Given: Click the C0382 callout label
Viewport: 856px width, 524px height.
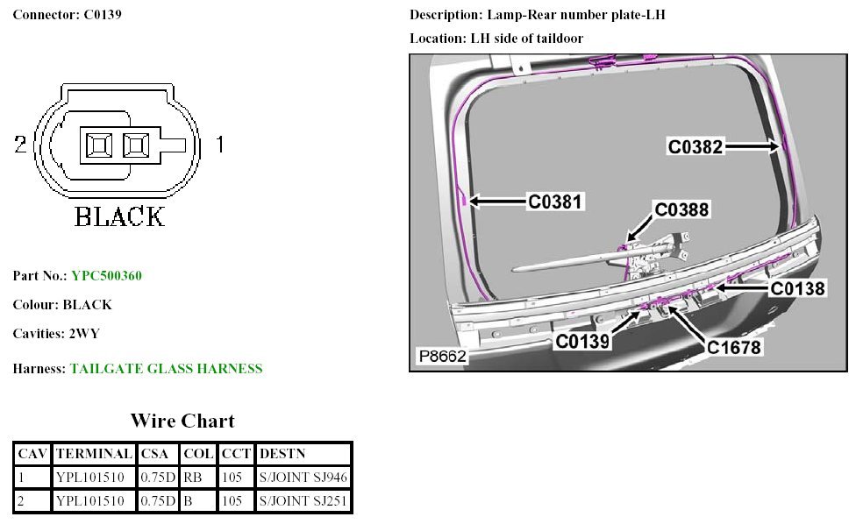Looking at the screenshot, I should pos(695,147).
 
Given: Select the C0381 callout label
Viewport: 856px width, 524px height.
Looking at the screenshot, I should pos(555,202).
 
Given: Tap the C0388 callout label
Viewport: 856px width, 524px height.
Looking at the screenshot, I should pos(681,209).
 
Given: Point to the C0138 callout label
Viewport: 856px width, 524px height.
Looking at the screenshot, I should pos(798,287).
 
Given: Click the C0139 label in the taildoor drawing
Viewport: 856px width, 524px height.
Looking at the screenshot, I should pos(581,341).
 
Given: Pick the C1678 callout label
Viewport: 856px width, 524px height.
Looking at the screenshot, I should pos(734,348).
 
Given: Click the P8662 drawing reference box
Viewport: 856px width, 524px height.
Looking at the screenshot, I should pos(442,358).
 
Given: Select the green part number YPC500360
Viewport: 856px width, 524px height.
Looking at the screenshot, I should pos(106,276).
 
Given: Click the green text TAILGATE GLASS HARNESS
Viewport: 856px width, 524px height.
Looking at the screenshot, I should pos(166,369).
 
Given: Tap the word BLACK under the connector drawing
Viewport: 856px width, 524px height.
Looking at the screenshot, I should pos(119,216).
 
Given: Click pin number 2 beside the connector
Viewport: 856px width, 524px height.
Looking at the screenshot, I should pos(20,145).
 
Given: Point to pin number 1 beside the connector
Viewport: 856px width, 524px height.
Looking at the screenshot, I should pos(219,145).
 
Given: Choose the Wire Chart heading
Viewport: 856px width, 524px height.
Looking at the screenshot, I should pos(182,421).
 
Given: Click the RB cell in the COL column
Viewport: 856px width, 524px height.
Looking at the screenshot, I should pos(193,478).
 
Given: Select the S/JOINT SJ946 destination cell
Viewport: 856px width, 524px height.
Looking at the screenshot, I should pos(303,478).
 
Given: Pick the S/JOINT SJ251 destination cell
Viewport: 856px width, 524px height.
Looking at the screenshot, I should pos(303,501).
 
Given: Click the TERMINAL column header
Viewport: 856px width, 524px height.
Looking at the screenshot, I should pos(94,454).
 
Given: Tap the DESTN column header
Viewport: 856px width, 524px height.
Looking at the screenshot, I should pos(283,454).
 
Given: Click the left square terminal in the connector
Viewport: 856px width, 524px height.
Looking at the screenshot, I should pos(98,145).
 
